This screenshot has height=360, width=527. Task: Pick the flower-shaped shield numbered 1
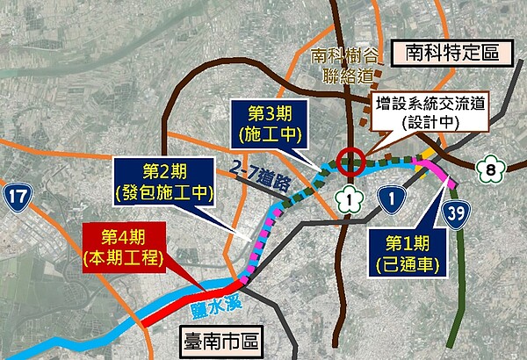tap(351, 200)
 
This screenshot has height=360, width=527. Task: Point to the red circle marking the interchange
tap(350, 162)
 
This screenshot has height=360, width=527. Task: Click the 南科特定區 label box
tap(451, 51)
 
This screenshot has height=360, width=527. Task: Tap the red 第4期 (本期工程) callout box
tap(124, 247)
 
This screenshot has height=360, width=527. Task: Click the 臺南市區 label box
tap(222, 337)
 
